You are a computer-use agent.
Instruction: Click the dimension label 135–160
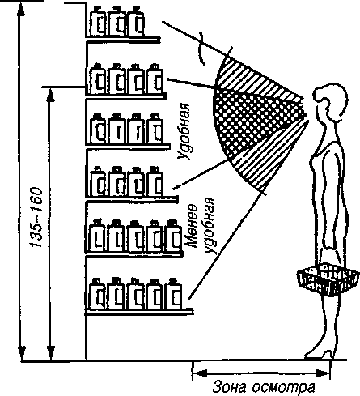click(36, 217)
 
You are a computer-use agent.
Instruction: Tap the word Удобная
click(184, 131)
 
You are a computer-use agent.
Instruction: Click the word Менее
click(192, 226)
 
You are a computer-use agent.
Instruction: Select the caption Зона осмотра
click(264, 387)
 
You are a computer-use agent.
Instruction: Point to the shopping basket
click(328, 279)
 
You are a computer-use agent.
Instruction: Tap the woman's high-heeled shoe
click(319, 355)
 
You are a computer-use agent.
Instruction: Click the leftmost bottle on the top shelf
click(98, 21)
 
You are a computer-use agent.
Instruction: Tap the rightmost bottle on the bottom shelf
click(173, 294)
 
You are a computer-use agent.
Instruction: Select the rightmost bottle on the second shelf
click(155, 79)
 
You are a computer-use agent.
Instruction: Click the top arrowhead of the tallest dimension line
click(22, 11)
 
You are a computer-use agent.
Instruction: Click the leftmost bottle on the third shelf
click(98, 129)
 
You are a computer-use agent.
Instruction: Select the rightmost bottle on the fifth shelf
click(173, 236)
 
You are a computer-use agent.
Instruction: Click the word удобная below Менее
click(210, 226)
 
